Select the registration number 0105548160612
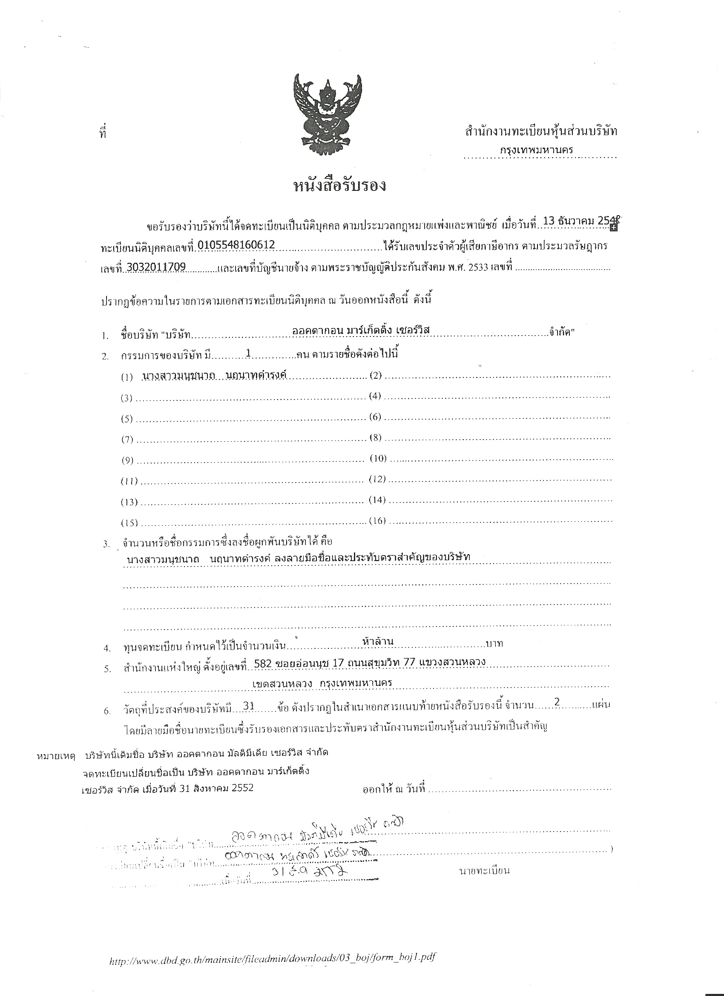[x=236, y=245]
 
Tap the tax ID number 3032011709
[x=156, y=267]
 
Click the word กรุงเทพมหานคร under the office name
[x=537, y=149]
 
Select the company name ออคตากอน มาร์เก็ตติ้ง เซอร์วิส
[x=360, y=330]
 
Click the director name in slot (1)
[x=214, y=375]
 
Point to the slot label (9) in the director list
[x=127, y=461]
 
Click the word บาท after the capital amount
[x=494, y=644]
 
